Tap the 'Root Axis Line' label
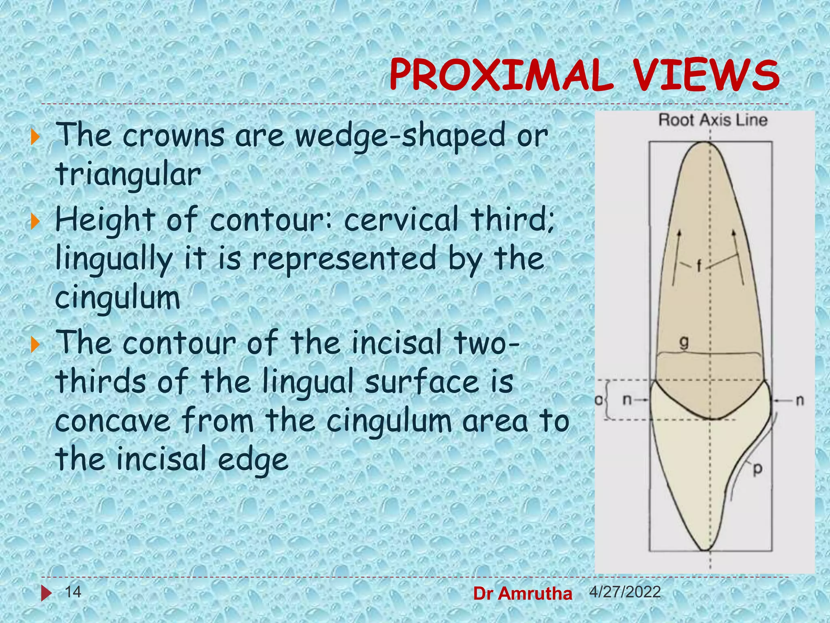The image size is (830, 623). coord(712,120)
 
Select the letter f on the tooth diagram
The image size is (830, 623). coord(699,266)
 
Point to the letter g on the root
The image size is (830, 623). coord(684,343)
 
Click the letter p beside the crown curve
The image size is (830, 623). coord(757,470)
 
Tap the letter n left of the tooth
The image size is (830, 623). coord(627,400)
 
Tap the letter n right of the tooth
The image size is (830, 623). coord(800,400)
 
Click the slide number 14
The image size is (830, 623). coord(73,592)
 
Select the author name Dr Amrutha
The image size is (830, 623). coord(522,594)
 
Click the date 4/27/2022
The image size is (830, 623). coord(625,592)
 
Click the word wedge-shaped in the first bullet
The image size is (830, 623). coord(399,137)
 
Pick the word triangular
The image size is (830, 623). coord(128,175)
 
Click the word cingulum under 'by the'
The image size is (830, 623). coord(118,298)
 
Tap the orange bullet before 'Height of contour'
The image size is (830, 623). coord(36,221)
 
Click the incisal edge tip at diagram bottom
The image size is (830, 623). coord(706,550)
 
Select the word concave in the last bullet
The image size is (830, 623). coord(113,421)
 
